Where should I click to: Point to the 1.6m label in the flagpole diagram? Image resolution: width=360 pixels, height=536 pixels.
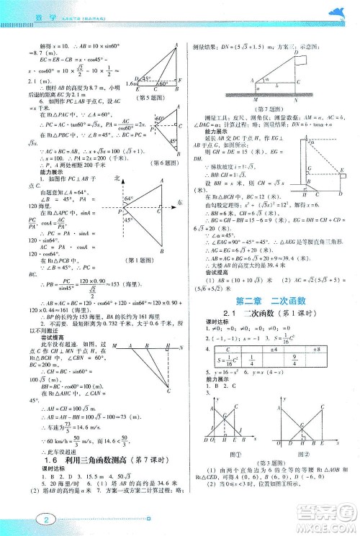130,83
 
